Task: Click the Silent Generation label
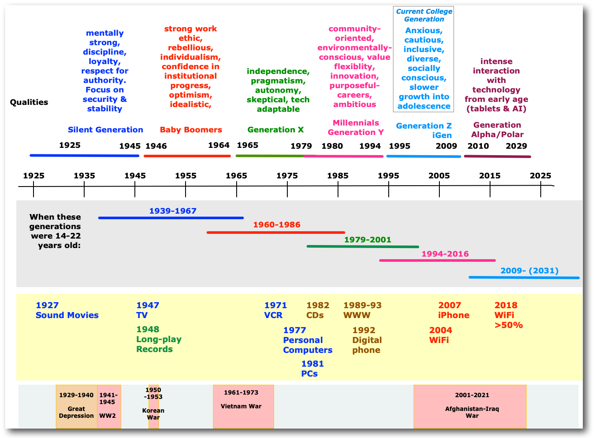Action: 105,130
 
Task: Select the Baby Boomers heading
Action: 191,130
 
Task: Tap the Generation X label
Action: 275,130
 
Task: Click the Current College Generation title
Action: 424,15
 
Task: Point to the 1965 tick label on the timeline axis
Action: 236,176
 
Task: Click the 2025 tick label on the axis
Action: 540,176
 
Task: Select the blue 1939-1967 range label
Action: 173,211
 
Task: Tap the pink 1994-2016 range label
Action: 445,254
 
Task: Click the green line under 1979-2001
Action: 362,247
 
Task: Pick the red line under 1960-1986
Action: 275,233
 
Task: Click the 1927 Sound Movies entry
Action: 67,310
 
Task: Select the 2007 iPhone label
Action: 454,310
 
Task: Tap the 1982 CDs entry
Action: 317,310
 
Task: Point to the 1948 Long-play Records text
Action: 158,339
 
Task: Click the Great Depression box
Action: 76,407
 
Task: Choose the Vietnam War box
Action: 243,407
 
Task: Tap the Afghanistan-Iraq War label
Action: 472,412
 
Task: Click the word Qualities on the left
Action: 29,102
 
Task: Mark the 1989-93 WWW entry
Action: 362,310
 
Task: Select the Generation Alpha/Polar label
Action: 497,130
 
